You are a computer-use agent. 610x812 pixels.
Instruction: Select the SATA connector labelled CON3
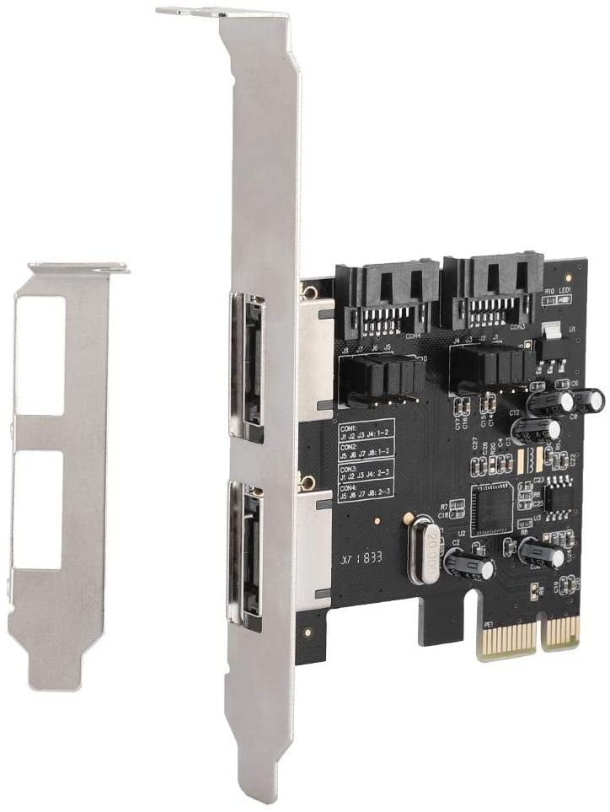tap(493, 291)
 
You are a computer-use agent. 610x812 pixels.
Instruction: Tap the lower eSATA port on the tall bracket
tap(245, 552)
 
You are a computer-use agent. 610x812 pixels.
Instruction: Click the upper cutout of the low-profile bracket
tap(40, 355)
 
